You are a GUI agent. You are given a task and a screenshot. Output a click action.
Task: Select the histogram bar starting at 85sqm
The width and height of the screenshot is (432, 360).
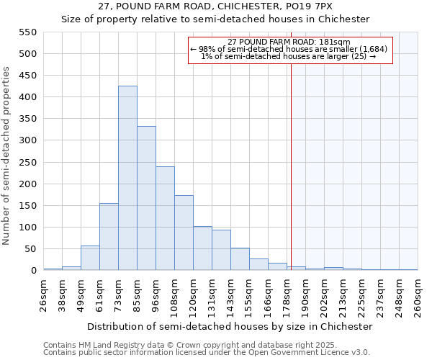[x=146, y=198]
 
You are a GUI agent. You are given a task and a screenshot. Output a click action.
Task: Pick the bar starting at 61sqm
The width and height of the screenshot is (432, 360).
[x=109, y=237]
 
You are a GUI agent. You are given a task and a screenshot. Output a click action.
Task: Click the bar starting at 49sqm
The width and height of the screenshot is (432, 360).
[x=90, y=258]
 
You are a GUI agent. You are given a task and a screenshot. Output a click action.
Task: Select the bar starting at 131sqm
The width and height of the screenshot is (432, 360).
[x=221, y=250]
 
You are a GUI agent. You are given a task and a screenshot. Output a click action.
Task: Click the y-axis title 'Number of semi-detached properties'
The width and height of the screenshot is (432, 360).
[x=7, y=156]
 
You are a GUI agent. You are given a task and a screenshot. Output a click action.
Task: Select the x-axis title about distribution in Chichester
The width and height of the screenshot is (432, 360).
[x=230, y=326]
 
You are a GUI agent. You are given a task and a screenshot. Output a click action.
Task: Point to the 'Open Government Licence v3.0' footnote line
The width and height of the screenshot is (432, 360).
[x=206, y=352]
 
